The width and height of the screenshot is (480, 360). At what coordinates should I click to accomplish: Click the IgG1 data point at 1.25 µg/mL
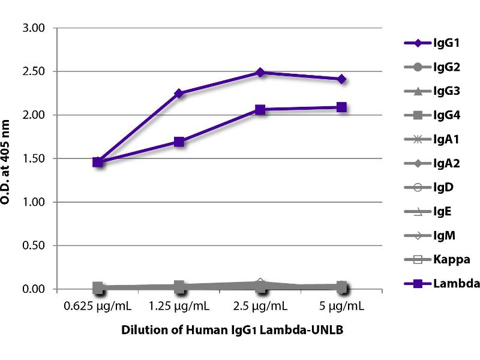click(179, 93)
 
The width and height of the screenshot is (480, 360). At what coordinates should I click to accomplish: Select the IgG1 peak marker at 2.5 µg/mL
click(260, 72)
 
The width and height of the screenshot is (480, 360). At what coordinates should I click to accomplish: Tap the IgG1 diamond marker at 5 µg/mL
click(341, 79)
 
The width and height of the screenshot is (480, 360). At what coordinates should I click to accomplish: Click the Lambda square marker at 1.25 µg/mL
click(179, 142)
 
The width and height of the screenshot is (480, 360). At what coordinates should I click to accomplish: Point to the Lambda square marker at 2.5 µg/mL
click(260, 110)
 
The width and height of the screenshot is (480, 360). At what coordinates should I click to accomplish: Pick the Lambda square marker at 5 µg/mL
click(341, 107)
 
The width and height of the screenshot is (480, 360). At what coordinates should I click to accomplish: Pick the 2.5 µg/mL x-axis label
click(260, 307)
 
